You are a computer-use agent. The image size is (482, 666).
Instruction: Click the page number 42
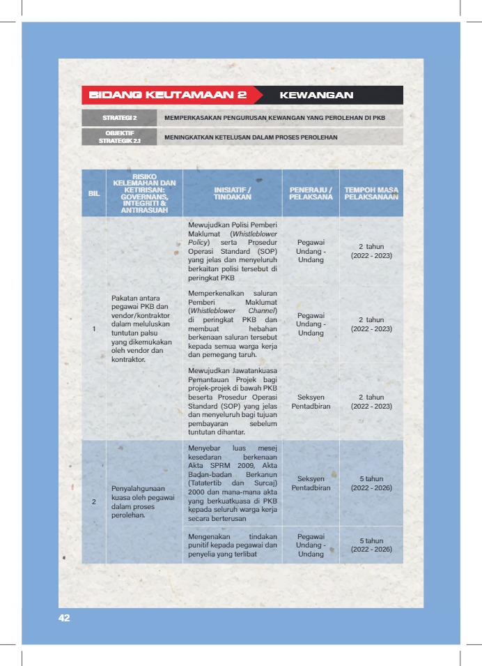coord(64,618)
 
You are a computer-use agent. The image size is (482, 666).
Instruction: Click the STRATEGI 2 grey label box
coord(120,118)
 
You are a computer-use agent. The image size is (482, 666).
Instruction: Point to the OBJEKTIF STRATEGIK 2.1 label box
coord(120,137)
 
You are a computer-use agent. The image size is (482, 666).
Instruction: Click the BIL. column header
coord(93,193)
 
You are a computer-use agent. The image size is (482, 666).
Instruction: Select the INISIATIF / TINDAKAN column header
coord(232,193)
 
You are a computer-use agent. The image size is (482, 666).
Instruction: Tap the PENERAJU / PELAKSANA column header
coord(311,193)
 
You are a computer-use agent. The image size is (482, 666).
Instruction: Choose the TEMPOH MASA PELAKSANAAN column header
coord(371,193)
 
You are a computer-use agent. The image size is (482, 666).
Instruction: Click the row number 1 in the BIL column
coord(93,329)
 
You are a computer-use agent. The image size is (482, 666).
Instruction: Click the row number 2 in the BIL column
coord(93,502)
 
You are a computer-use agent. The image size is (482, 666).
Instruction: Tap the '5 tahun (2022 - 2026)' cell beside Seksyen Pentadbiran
coord(371,483)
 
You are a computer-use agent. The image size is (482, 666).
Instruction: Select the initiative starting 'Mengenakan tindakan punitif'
coord(233,545)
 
